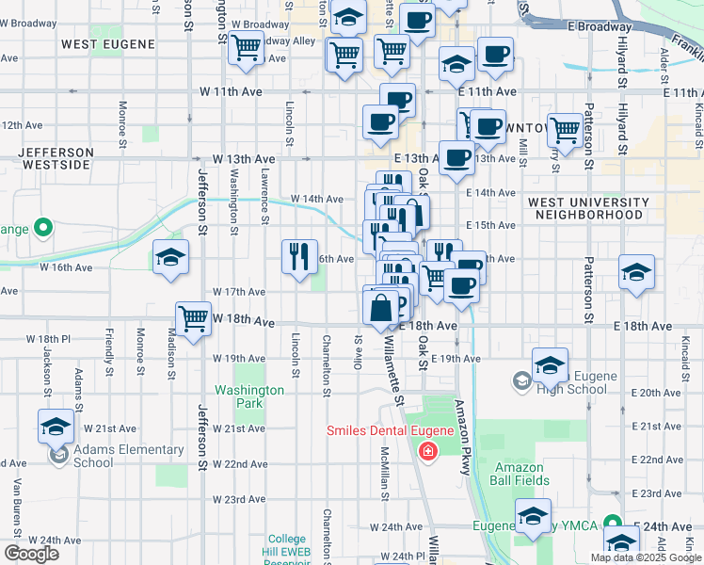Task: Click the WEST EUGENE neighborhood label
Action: [103, 43]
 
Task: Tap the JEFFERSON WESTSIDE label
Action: [56, 158]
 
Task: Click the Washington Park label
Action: [249, 396]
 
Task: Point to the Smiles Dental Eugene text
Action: [390, 431]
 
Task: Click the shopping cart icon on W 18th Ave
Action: [193, 318]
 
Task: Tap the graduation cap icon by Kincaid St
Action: [636, 272]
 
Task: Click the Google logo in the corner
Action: [31, 554]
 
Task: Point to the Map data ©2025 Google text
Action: [645, 557]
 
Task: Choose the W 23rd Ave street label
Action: [239, 499]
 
